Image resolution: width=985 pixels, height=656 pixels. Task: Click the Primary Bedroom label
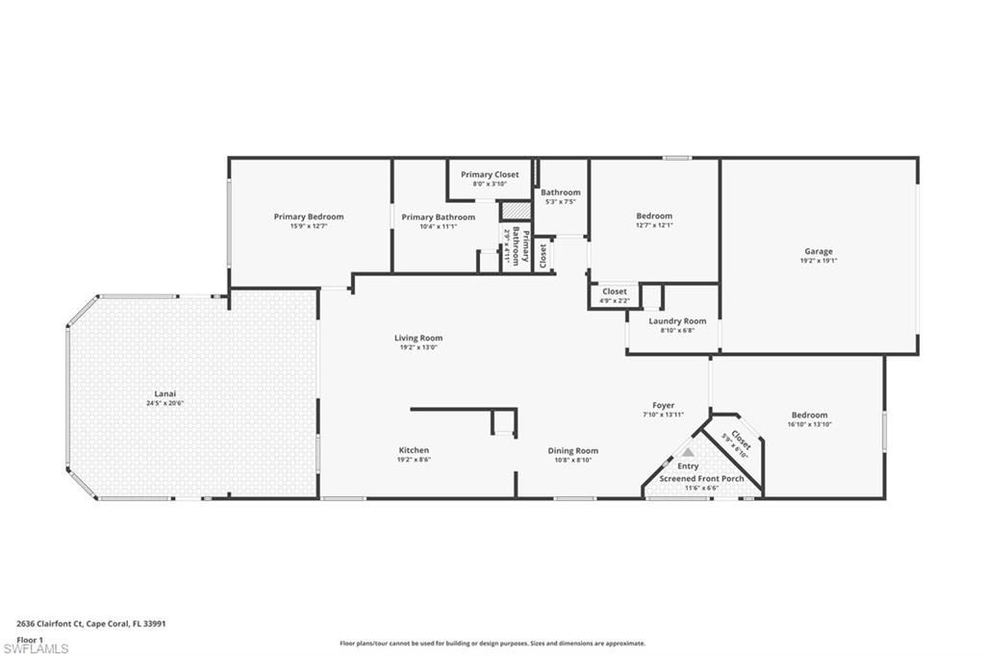pos(308,216)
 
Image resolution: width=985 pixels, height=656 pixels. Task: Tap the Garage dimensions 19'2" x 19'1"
pos(819,261)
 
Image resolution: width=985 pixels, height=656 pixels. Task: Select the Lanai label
pos(165,392)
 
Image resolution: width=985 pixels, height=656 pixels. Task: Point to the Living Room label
pos(418,338)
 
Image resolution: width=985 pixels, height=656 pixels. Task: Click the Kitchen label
pos(414,450)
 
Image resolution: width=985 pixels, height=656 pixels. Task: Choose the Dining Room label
pos(573,450)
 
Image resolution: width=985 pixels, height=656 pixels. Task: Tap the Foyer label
pos(664,405)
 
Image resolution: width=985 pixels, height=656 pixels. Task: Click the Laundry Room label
pos(677,320)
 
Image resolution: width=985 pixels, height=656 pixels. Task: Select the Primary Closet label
pos(490,174)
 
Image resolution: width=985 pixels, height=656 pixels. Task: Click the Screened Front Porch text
pos(701,478)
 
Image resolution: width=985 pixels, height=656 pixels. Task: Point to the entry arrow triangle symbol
pos(688,450)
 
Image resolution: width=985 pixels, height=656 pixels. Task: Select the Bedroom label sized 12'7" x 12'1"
pos(654,215)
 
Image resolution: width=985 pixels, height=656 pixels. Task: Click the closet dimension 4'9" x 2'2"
pos(614,301)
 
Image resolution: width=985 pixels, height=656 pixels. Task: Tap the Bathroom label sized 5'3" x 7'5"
pos(561,192)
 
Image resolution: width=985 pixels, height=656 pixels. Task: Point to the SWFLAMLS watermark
pos(36,648)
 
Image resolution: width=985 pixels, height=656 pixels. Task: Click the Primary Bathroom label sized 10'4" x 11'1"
pos(438,216)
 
